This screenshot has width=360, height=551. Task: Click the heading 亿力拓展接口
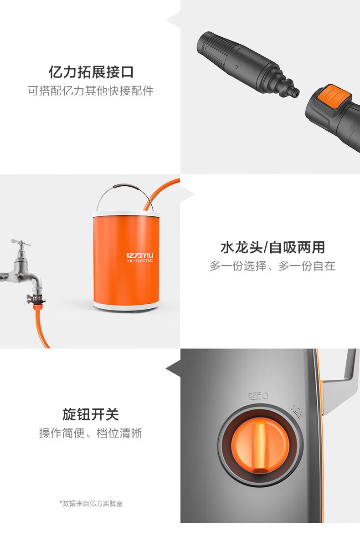coord(91,72)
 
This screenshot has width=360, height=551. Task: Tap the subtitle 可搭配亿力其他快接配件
coord(91,91)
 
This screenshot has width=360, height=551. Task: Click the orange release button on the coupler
coord(334,97)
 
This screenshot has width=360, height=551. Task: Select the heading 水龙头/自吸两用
coord(273,247)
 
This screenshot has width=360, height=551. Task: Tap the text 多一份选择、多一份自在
coord(273,266)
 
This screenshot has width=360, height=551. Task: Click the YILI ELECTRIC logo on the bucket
coord(139,257)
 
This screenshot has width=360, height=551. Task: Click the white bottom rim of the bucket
coord(126,306)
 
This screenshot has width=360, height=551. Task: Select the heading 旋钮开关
coord(91,414)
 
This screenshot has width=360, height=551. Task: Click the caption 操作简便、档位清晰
coord(91,433)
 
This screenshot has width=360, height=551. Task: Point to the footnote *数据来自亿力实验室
coord(91,504)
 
